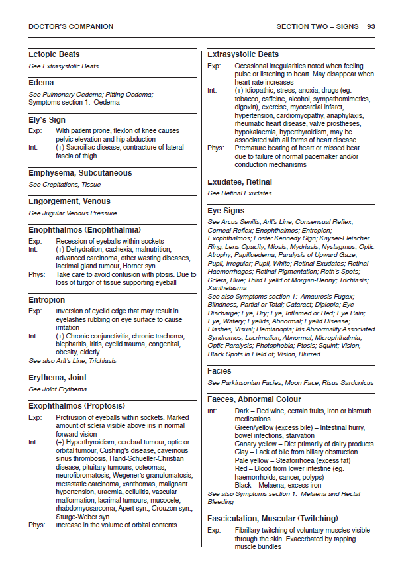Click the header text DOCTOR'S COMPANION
(x=71, y=27)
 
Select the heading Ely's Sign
(x=47, y=120)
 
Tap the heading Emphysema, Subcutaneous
(x=80, y=173)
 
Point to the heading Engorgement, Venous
(x=70, y=201)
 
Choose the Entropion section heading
(x=47, y=300)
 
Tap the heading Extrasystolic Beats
(x=243, y=54)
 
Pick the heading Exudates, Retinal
(x=240, y=182)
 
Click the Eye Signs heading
(x=227, y=210)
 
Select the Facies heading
(x=219, y=371)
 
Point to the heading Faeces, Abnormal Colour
(x=254, y=399)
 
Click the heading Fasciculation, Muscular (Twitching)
(x=272, y=518)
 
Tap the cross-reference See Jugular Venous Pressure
(x=73, y=213)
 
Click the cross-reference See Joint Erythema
(x=58, y=389)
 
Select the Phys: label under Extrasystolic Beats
(x=216, y=148)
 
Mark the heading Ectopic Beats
(x=54, y=54)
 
